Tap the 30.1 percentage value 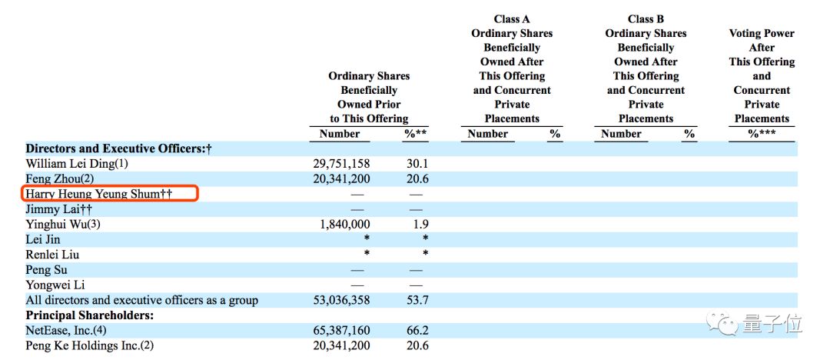point(416,163)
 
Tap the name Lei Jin point(43,239)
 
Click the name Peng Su point(46,270)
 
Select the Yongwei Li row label point(52,285)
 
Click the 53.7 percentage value point(416,300)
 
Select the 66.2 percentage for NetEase point(416,331)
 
